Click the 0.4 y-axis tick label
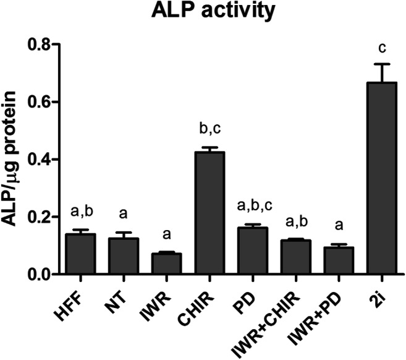pyautogui.click(x=52, y=160)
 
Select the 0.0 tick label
pyautogui.click(x=52, y=275)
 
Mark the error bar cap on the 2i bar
pyautogui.click(x=368, y=64)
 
